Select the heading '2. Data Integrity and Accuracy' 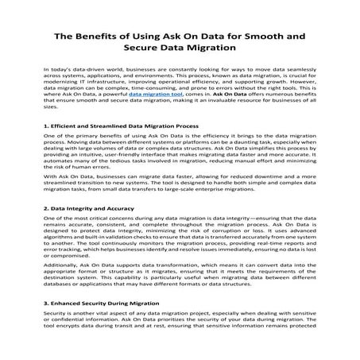coord(84,230)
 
